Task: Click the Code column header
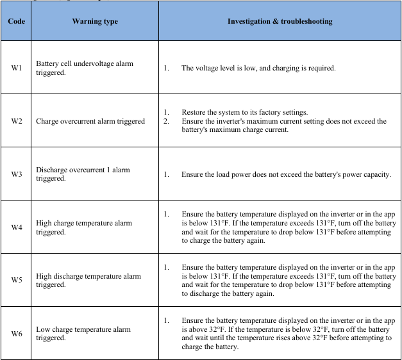tap(17, 22)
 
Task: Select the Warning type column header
tap(95, 22)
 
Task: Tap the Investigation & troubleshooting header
tap(280, 22)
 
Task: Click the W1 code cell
tap(17, 68)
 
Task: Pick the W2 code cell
tap(17, 121)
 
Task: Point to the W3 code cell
tap(17, 174)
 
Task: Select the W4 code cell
tap(17, 227)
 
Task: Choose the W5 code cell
tap(17, 280)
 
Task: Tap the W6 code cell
tap(17, 333)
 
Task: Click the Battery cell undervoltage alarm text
tap(85, 68)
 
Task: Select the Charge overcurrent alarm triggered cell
tap(90, 121)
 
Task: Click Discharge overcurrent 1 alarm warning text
tap(83, 174)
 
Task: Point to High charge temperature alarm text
tap(84, 227)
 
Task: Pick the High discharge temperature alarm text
tap(88, 281)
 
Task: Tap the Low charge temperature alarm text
tap(83, 333)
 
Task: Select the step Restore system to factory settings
tap(245, 112)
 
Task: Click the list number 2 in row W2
tap(166, 121)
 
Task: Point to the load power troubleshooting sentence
tap(286, 174)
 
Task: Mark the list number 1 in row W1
tap(166, 68)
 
